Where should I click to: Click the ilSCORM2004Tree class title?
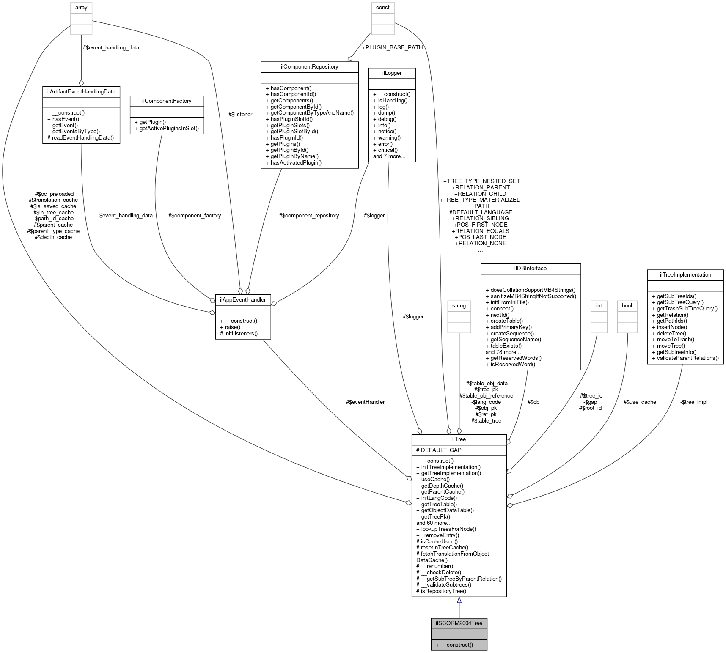pyautogui.click(x=459, y=623)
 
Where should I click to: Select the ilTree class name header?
pyautogui.click(x=459, y=439)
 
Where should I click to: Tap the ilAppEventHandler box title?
pyautogui.click(x=243, y=299)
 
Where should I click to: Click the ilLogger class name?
pyautogui.click(x=392, y=73)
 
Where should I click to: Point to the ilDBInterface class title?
pyautogui.click(x=531, y=269)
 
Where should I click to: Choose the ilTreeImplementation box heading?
pyautogui.click(x=685, y=275)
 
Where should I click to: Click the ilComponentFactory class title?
pyautogui.click(x=167, y=101)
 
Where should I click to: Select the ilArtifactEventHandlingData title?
pyautogui.click(x=81, y=91)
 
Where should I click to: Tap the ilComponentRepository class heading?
pyautogui.click(x=309, y=67)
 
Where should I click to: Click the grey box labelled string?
pyautogui.click(x=459, y=305)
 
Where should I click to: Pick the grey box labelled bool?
pyautogui.click(x=627, y=305)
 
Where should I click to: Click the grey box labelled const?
pyautogui.click(x=383, y=8)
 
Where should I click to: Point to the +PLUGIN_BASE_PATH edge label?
pyautogui.click(x=392, y=47)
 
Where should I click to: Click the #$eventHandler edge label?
pyautogui.click(x=365, y=402)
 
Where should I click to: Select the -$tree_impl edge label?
pyautogui.click(x=693, y=402)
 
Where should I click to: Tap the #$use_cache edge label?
pyautogui.click(x=640, y=402)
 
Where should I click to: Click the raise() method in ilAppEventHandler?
pyautogui.click(x=230, y=327)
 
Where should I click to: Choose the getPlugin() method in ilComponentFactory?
pyautogui.click(x=150, y=122)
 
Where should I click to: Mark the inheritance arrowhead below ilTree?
pyautogui.click(x=459, y=600)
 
